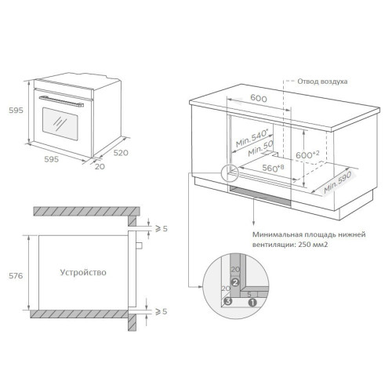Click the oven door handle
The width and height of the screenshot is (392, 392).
pyautogui.click(x=61, y=101)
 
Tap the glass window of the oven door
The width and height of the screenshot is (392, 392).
pyautogui.click(x=60, y=124)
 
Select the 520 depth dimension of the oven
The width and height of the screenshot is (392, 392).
pyautogui.click(x=121, y=153)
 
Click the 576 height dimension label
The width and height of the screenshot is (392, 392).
pyautogui.click(x=16, y=276)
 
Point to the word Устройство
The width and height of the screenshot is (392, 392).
pyautogui.click(x=83, y=272)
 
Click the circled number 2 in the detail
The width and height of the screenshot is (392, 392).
pyautogui.click(x=235, y=282)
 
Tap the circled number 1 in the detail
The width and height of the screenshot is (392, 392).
pyautogui.click(x=252, y=303)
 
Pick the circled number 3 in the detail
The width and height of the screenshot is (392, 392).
pyautogui.click(x=228, y=301)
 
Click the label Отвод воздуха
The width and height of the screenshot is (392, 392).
pyautogui.click(x=322, y=82)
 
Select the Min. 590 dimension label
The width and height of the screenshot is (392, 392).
pyautogui.click(x=338, y=183)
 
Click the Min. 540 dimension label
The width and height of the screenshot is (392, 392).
pyautogui.click(x=252, y=138)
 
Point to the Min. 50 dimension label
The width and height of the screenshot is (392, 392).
pyautogui.click(x=260, y=148)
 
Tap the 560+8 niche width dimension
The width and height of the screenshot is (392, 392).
pyautogui.click(x=273, y=168)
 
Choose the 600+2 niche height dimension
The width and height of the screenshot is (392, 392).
pyautogui.click(x=307, y=154)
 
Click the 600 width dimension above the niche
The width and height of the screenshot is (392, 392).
pyautogui.click(x=259, y=98)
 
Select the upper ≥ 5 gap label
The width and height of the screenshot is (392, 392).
pyautogui.click(x=161, y=229)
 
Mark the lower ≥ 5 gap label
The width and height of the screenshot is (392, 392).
pyautogui.click(x=161, y=311)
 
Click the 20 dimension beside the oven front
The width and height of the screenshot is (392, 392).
pyautogui.click(x=100, y=166)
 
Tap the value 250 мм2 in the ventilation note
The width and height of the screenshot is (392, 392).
pyautogui.click(x=313, y=245)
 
